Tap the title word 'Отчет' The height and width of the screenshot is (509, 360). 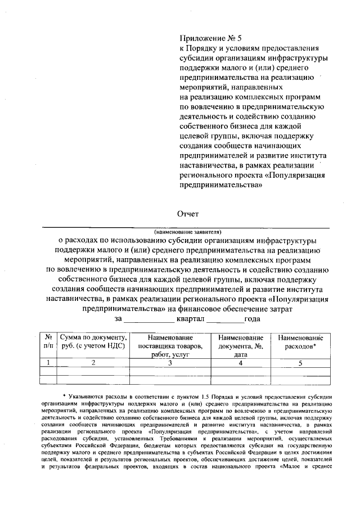pyautogui.click(x=188, y=214)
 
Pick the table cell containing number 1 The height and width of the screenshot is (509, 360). pyautogui.click(x=48, y=363)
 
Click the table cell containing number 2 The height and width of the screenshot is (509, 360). pyautogui.click(x=94, y=363)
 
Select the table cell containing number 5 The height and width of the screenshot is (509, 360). pyautogui.click(x=300, y=363)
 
